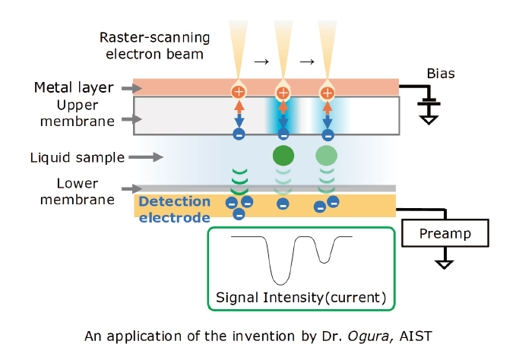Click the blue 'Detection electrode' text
pyautogui.click(x=175, y=210)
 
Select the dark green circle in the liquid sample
pyautogui.click(x=283, y=156)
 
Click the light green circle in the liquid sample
pyautogui.click(x=327, y=156)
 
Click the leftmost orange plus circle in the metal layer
pyautogui.click(x=239, y=93)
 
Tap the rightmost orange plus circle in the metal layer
pyautogui.click(x=327, y=93)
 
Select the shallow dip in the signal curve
pyautogui.click(x=324, y=260)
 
